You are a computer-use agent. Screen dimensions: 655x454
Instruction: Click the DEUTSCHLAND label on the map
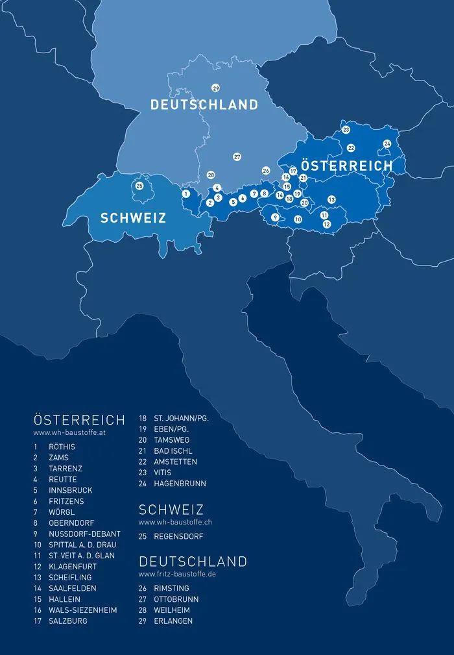click(x=204, y=105)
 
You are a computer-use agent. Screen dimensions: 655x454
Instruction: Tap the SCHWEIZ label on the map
click(x=133, y=218)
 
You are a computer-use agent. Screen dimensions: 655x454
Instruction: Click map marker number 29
click(x=215, y=88)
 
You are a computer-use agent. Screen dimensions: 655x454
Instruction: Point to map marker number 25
click(x=139, y=186)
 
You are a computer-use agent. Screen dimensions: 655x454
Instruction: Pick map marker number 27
click(x=237, y=157)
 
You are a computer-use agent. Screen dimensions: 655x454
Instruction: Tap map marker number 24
click(x=387, y=143)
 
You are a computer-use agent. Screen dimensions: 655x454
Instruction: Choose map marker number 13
click(x=331, y=199)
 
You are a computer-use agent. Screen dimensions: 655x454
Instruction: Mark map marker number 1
click(x=185, y=193)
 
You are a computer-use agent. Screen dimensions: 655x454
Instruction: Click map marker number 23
click(x=346, y=130)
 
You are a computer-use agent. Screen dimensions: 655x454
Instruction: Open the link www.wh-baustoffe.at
click(x=69, y=432)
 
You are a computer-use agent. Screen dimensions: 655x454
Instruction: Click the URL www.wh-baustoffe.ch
click(x=174, y=522)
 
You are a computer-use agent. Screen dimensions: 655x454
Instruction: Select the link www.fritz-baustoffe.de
click(x=177, y=574)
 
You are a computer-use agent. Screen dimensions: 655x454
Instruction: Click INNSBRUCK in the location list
click(x=70, y=490)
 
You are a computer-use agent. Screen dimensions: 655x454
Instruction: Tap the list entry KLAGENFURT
click(x=72, y=566)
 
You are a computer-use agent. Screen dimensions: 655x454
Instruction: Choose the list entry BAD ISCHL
click(x=173, y=451)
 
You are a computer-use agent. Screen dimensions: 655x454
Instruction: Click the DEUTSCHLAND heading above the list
click(x=193, y=561)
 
